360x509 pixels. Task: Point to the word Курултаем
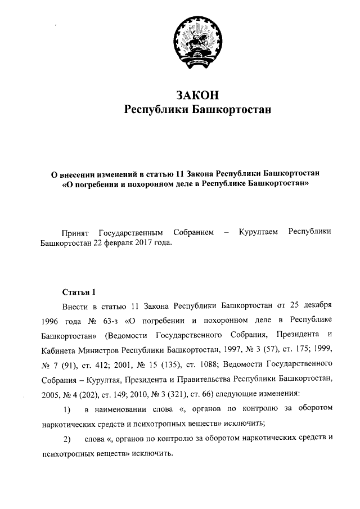tap(258, 232)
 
